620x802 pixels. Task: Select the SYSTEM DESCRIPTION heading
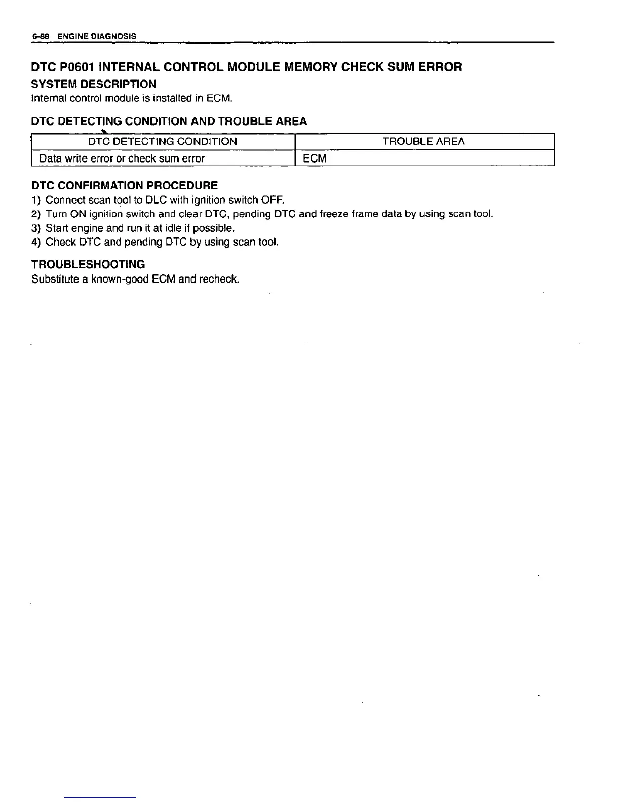click(x=94, y=84)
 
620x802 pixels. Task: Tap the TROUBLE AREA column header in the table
click(x=423, y=141)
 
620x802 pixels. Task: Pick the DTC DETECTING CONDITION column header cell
click(x=163, y=141)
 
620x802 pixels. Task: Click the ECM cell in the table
click(x=315, y=158)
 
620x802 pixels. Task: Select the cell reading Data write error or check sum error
click(x=122, y=158)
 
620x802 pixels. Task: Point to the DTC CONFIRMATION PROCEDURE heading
click(x=125, y=185)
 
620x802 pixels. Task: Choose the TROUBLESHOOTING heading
click(x=88, y=264)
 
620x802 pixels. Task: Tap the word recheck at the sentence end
click(x=219, y=279)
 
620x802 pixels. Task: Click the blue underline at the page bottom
click(x=101, y=797)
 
